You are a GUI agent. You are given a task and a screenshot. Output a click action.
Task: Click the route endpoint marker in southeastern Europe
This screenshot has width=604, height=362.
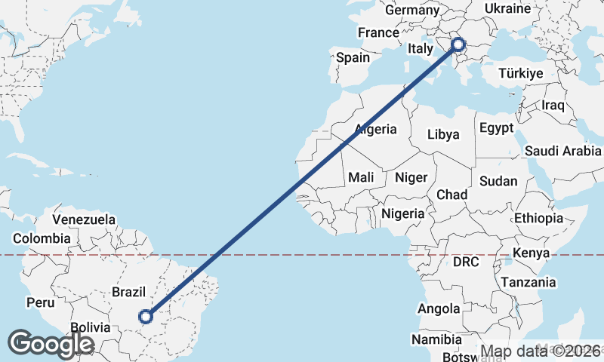459,45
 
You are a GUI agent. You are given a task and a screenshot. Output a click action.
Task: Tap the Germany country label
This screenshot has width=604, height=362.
411,11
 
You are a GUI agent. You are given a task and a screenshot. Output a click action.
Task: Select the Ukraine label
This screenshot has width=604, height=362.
508,9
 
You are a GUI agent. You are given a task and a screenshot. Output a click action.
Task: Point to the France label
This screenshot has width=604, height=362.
378,33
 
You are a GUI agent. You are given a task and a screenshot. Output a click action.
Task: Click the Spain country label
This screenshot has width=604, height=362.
353,57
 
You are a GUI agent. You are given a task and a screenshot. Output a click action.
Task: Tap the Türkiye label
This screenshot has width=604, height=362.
521,74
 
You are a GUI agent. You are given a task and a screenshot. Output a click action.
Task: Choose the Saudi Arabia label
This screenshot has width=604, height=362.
562,149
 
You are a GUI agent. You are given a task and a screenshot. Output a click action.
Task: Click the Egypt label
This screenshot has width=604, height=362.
496,127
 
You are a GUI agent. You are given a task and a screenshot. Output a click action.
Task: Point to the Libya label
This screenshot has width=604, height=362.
443,134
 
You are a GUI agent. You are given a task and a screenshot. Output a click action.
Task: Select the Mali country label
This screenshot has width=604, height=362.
361,177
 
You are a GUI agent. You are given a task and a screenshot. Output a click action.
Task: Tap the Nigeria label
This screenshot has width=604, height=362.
403,213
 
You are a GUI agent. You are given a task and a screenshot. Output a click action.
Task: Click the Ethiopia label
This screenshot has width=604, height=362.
538,218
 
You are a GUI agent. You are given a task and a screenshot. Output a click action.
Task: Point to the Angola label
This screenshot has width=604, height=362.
439,308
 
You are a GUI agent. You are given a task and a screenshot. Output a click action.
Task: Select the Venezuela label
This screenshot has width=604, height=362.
84,220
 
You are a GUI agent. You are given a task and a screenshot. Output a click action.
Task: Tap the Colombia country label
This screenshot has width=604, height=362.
42,238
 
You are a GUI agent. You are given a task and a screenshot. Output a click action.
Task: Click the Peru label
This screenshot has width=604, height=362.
41,302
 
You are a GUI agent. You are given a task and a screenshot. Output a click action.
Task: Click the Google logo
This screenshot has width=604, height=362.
51,344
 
